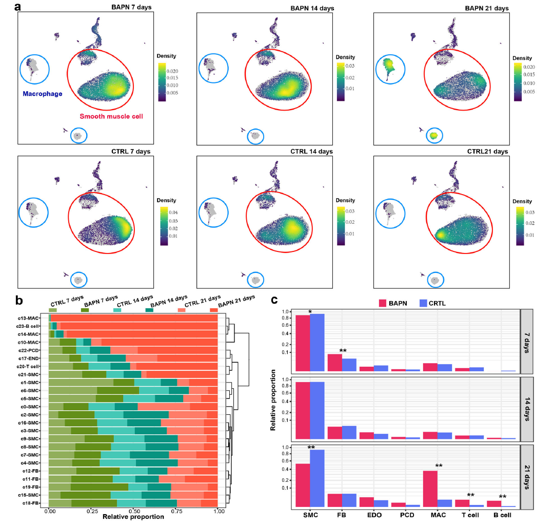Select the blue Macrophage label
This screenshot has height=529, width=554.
tap(43, 94)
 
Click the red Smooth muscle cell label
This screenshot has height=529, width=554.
tap(111, 117)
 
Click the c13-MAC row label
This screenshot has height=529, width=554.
tap(34, 318)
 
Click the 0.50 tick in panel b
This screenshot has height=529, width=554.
tap(133, 511)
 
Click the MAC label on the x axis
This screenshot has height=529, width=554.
tap(437, 515)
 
